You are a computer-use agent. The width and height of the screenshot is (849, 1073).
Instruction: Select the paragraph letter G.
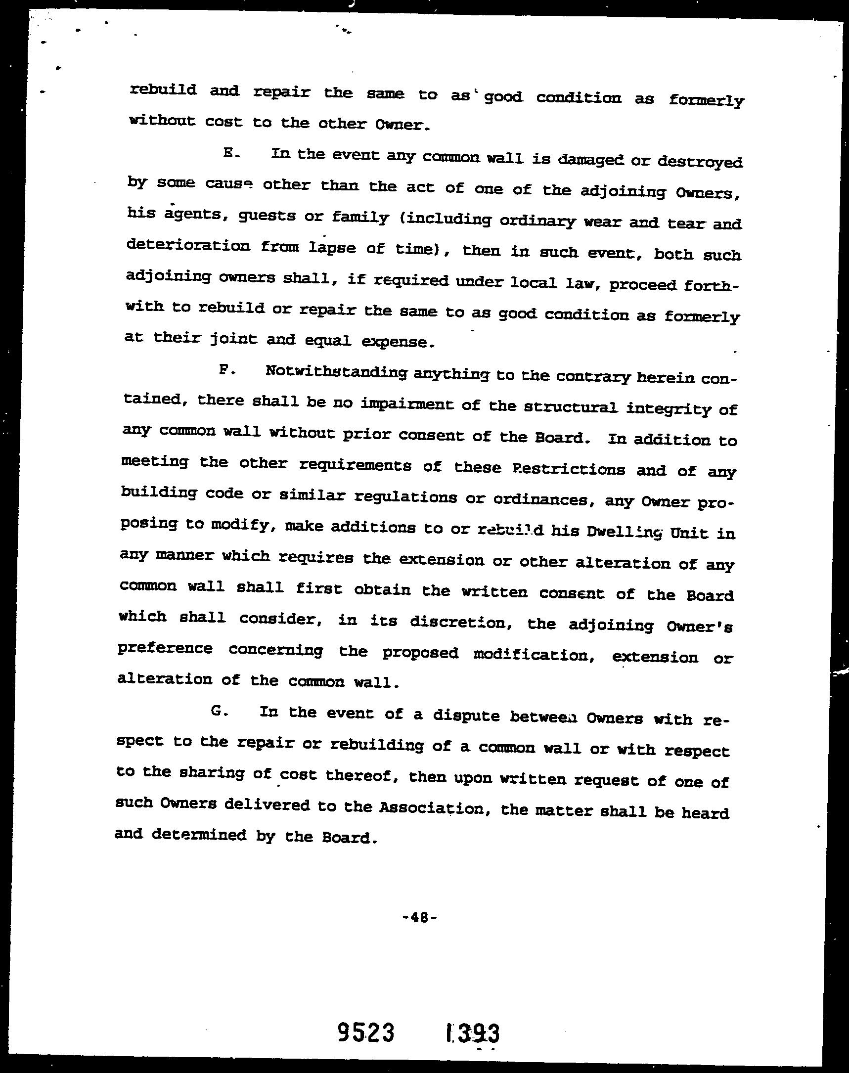click(x=219, y=711)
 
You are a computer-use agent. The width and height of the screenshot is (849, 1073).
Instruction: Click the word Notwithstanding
click(x=337, y=372)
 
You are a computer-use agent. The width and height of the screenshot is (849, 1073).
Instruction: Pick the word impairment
click(x=406, y=404)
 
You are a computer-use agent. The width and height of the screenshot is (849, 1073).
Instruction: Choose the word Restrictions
click(x=568, y=469)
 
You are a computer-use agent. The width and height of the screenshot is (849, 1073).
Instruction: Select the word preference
click(x=165, y=649)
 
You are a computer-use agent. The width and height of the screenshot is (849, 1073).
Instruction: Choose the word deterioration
click(x=188, y=246)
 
